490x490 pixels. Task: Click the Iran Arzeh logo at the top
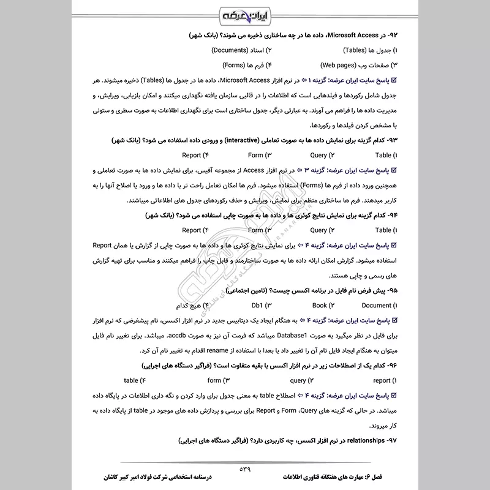244,13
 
